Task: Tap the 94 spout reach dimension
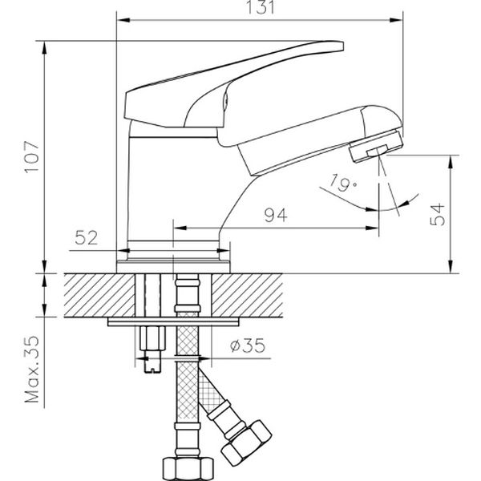[276, 214]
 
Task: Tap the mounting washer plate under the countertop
[172, 322]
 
